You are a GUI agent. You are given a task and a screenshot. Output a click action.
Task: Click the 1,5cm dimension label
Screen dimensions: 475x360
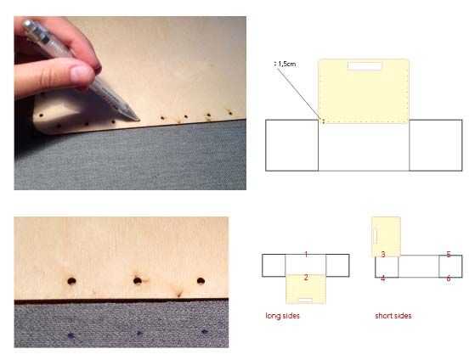286,64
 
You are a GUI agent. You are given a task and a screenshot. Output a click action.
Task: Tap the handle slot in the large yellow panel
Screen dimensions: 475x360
365,66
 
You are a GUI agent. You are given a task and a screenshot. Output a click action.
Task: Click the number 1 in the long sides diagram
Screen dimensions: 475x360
306,255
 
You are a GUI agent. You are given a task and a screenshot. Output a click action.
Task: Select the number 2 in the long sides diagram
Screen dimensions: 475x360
306,277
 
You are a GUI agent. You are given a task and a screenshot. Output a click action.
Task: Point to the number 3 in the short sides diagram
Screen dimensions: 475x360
383,255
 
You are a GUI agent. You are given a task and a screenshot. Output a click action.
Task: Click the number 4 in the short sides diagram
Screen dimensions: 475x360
383,278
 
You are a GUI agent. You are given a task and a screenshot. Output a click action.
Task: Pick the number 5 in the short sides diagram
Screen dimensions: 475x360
449,255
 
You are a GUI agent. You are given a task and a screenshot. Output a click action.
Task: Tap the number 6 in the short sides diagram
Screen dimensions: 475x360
449,278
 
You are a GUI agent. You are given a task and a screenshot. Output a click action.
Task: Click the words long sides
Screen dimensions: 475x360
282,316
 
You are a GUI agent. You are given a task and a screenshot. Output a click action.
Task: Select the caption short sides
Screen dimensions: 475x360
393,316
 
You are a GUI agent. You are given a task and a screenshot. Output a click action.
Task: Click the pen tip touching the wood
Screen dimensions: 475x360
138,120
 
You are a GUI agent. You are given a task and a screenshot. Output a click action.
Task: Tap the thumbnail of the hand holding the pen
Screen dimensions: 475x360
82,72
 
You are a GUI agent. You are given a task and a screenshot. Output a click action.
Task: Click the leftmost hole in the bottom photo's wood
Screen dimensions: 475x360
71,281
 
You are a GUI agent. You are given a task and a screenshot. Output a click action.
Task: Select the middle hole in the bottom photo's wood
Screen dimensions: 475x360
138,281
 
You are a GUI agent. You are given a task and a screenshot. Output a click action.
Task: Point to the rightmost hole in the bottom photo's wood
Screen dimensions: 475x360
201,281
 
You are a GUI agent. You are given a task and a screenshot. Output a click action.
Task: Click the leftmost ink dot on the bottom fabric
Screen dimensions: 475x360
71,335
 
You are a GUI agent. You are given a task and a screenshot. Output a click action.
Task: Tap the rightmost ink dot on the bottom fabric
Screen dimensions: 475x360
205,332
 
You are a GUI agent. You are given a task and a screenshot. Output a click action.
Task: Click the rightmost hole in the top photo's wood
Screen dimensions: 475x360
230,113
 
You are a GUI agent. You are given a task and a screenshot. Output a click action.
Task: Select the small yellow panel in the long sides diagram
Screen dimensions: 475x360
306,289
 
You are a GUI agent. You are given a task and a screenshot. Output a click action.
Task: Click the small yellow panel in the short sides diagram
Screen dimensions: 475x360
387,237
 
